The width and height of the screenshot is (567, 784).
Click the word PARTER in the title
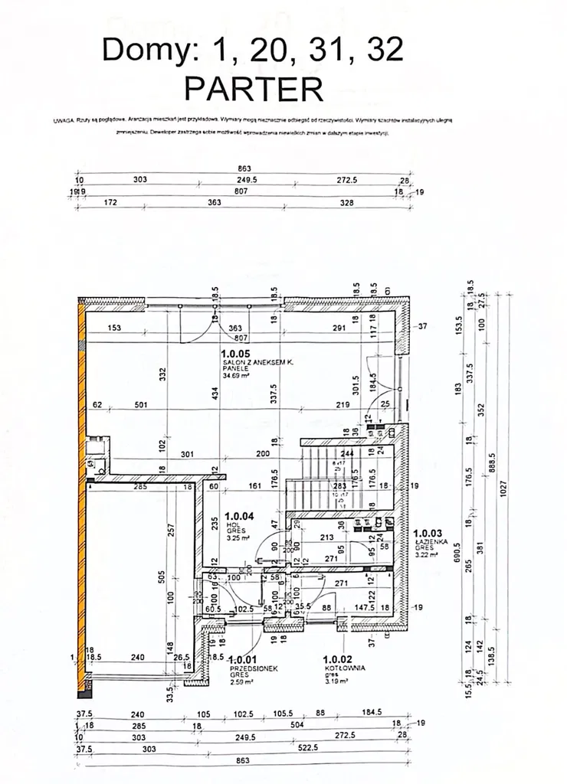click(254, 90)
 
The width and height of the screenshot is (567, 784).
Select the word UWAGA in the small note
click(63, 120)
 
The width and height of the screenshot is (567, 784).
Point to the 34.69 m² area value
click(234, 375)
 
